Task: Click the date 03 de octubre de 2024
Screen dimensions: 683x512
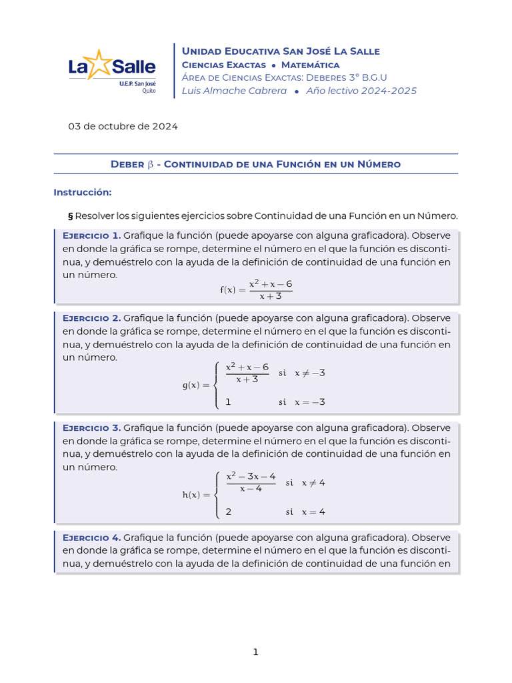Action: [123, 125]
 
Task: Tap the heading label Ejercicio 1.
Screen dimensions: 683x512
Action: [91, 235]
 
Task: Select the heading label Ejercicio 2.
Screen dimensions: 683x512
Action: [91, 317]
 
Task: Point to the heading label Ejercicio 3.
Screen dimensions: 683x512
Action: [91, 428]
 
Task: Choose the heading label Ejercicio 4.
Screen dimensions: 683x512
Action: [91, 537]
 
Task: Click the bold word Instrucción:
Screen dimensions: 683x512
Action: [82, 192]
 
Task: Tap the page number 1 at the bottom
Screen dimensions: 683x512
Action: [255, 652]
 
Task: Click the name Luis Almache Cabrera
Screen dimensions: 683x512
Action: [234, 91]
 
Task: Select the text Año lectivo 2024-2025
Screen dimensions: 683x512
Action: [361, 91]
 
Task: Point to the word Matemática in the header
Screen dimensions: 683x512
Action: [310, 65]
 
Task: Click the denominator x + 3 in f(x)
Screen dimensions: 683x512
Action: [271, 296]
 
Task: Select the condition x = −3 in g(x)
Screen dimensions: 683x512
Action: [309, 402]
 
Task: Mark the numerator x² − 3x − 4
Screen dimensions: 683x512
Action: [251, 476]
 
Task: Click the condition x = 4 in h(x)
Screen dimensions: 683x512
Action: [313, 512]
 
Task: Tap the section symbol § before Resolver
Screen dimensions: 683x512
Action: [71, 215]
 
